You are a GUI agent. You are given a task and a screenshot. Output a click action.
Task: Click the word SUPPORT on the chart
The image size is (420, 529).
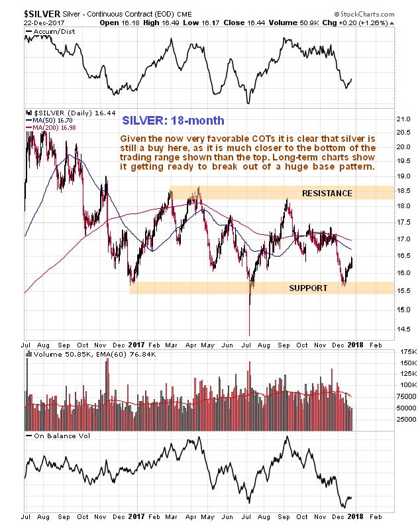click(x=308, y=288)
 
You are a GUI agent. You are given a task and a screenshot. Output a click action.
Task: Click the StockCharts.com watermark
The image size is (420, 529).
click(x=379, y=12)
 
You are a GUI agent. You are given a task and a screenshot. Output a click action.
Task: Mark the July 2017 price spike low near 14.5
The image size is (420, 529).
click(x=249, y=334)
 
